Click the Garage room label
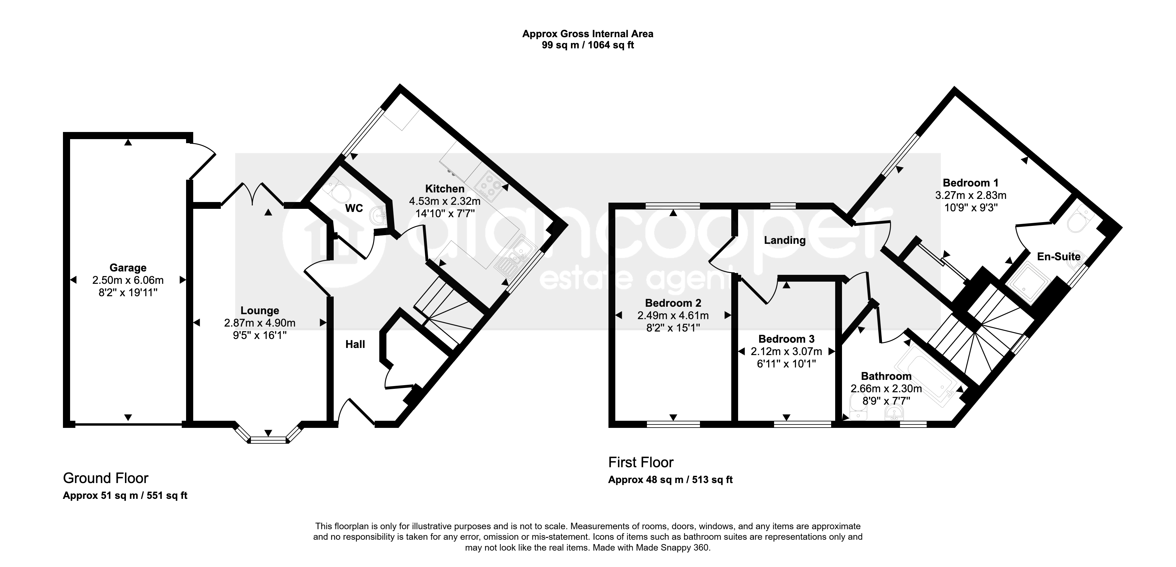point(128,268)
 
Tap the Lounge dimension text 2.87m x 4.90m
point(260,323)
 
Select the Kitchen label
point(445,188)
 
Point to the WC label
point(354,209)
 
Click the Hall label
point(355,345)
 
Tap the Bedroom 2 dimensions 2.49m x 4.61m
point(673,315)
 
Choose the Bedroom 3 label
point(786,339)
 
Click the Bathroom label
point(886,376)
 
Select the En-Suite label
point(1059,256)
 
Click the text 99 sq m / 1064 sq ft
point(588,45)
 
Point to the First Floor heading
point(641,463)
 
